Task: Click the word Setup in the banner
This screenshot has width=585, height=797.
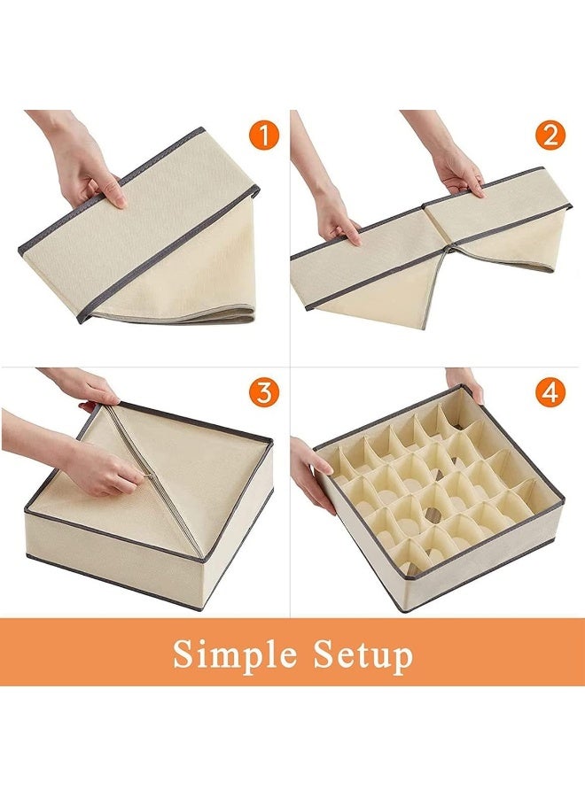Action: pyautogui.click(x=362, y=654)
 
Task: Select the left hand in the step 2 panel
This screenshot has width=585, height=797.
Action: pyautogui.click(x=335, y=213)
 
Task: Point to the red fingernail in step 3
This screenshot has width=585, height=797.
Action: pyautogui.click(x=88, y=406)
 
